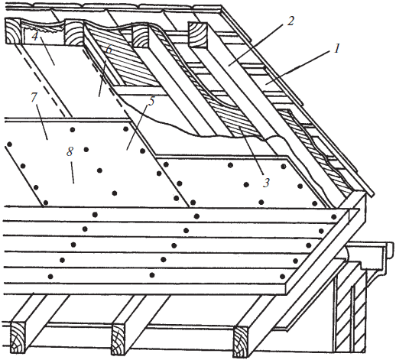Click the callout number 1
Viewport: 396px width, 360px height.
337,48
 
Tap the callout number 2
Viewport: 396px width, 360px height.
290,21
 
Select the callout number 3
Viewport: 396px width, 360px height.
266,183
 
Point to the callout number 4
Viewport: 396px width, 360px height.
34,36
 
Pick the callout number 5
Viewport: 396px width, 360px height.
151,101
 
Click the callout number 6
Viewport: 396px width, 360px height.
109,50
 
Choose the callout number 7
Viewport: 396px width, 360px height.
34,97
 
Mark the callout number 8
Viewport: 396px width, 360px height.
70,151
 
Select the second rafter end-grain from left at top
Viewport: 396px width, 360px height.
73,32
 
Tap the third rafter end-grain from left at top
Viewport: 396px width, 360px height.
140,37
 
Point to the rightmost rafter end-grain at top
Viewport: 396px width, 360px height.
198,34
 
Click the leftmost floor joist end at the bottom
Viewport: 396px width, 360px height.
18,337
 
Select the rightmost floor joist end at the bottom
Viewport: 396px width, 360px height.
240,342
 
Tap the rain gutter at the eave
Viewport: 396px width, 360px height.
369,258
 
